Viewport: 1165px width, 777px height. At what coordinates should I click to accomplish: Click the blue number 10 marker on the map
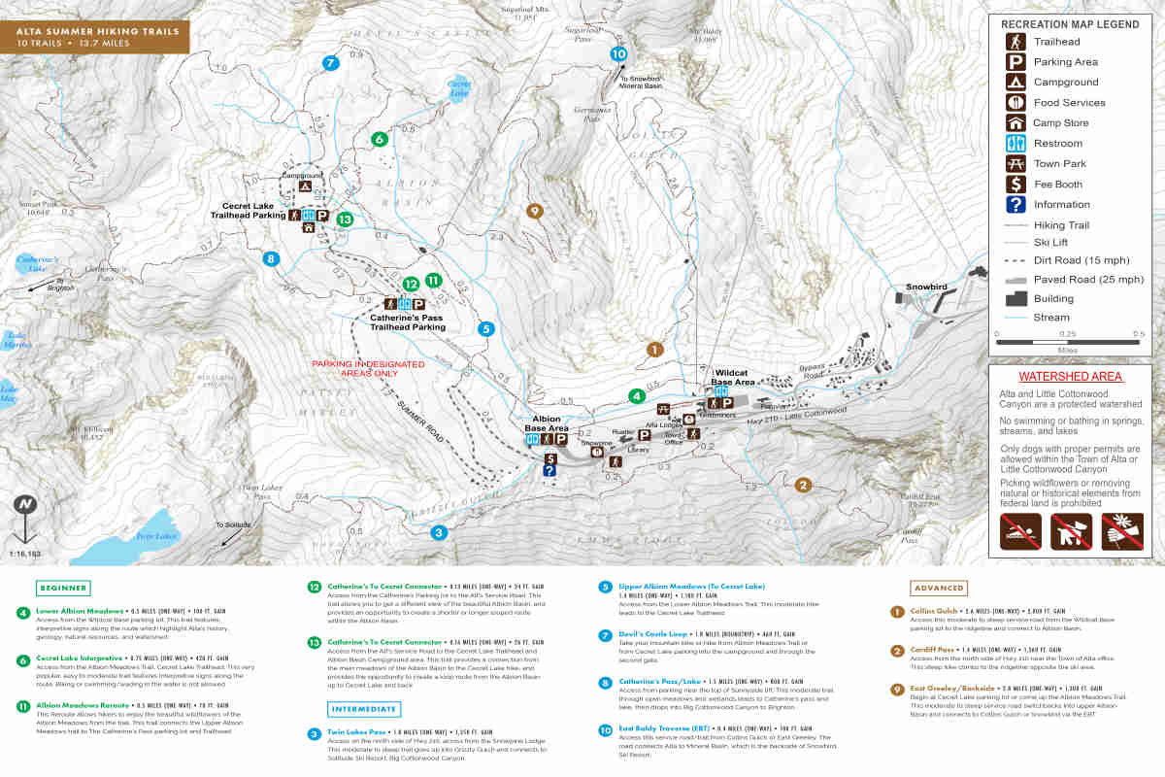click(619, 54)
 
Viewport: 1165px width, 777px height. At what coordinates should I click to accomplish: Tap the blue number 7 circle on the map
click(330, 63)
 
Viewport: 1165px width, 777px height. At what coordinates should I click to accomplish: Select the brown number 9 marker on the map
click(533, 212)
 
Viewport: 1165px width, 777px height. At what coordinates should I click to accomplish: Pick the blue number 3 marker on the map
click(439, 532)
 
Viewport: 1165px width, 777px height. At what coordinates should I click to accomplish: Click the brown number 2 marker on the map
click(803, 486)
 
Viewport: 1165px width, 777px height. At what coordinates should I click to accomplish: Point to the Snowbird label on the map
click(926, 287)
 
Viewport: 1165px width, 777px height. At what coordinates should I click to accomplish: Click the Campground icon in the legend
click(1015, 83)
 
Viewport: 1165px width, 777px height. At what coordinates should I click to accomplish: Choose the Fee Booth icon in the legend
click(1015, 185)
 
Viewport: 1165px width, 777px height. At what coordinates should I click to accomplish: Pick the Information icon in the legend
click(1015, 205)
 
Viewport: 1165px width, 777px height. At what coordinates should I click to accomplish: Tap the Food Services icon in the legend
click(1015, 103)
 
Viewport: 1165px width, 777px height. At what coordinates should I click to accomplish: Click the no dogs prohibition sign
click(1071, 531)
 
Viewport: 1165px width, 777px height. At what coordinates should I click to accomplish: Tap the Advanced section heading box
click(939, 588)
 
